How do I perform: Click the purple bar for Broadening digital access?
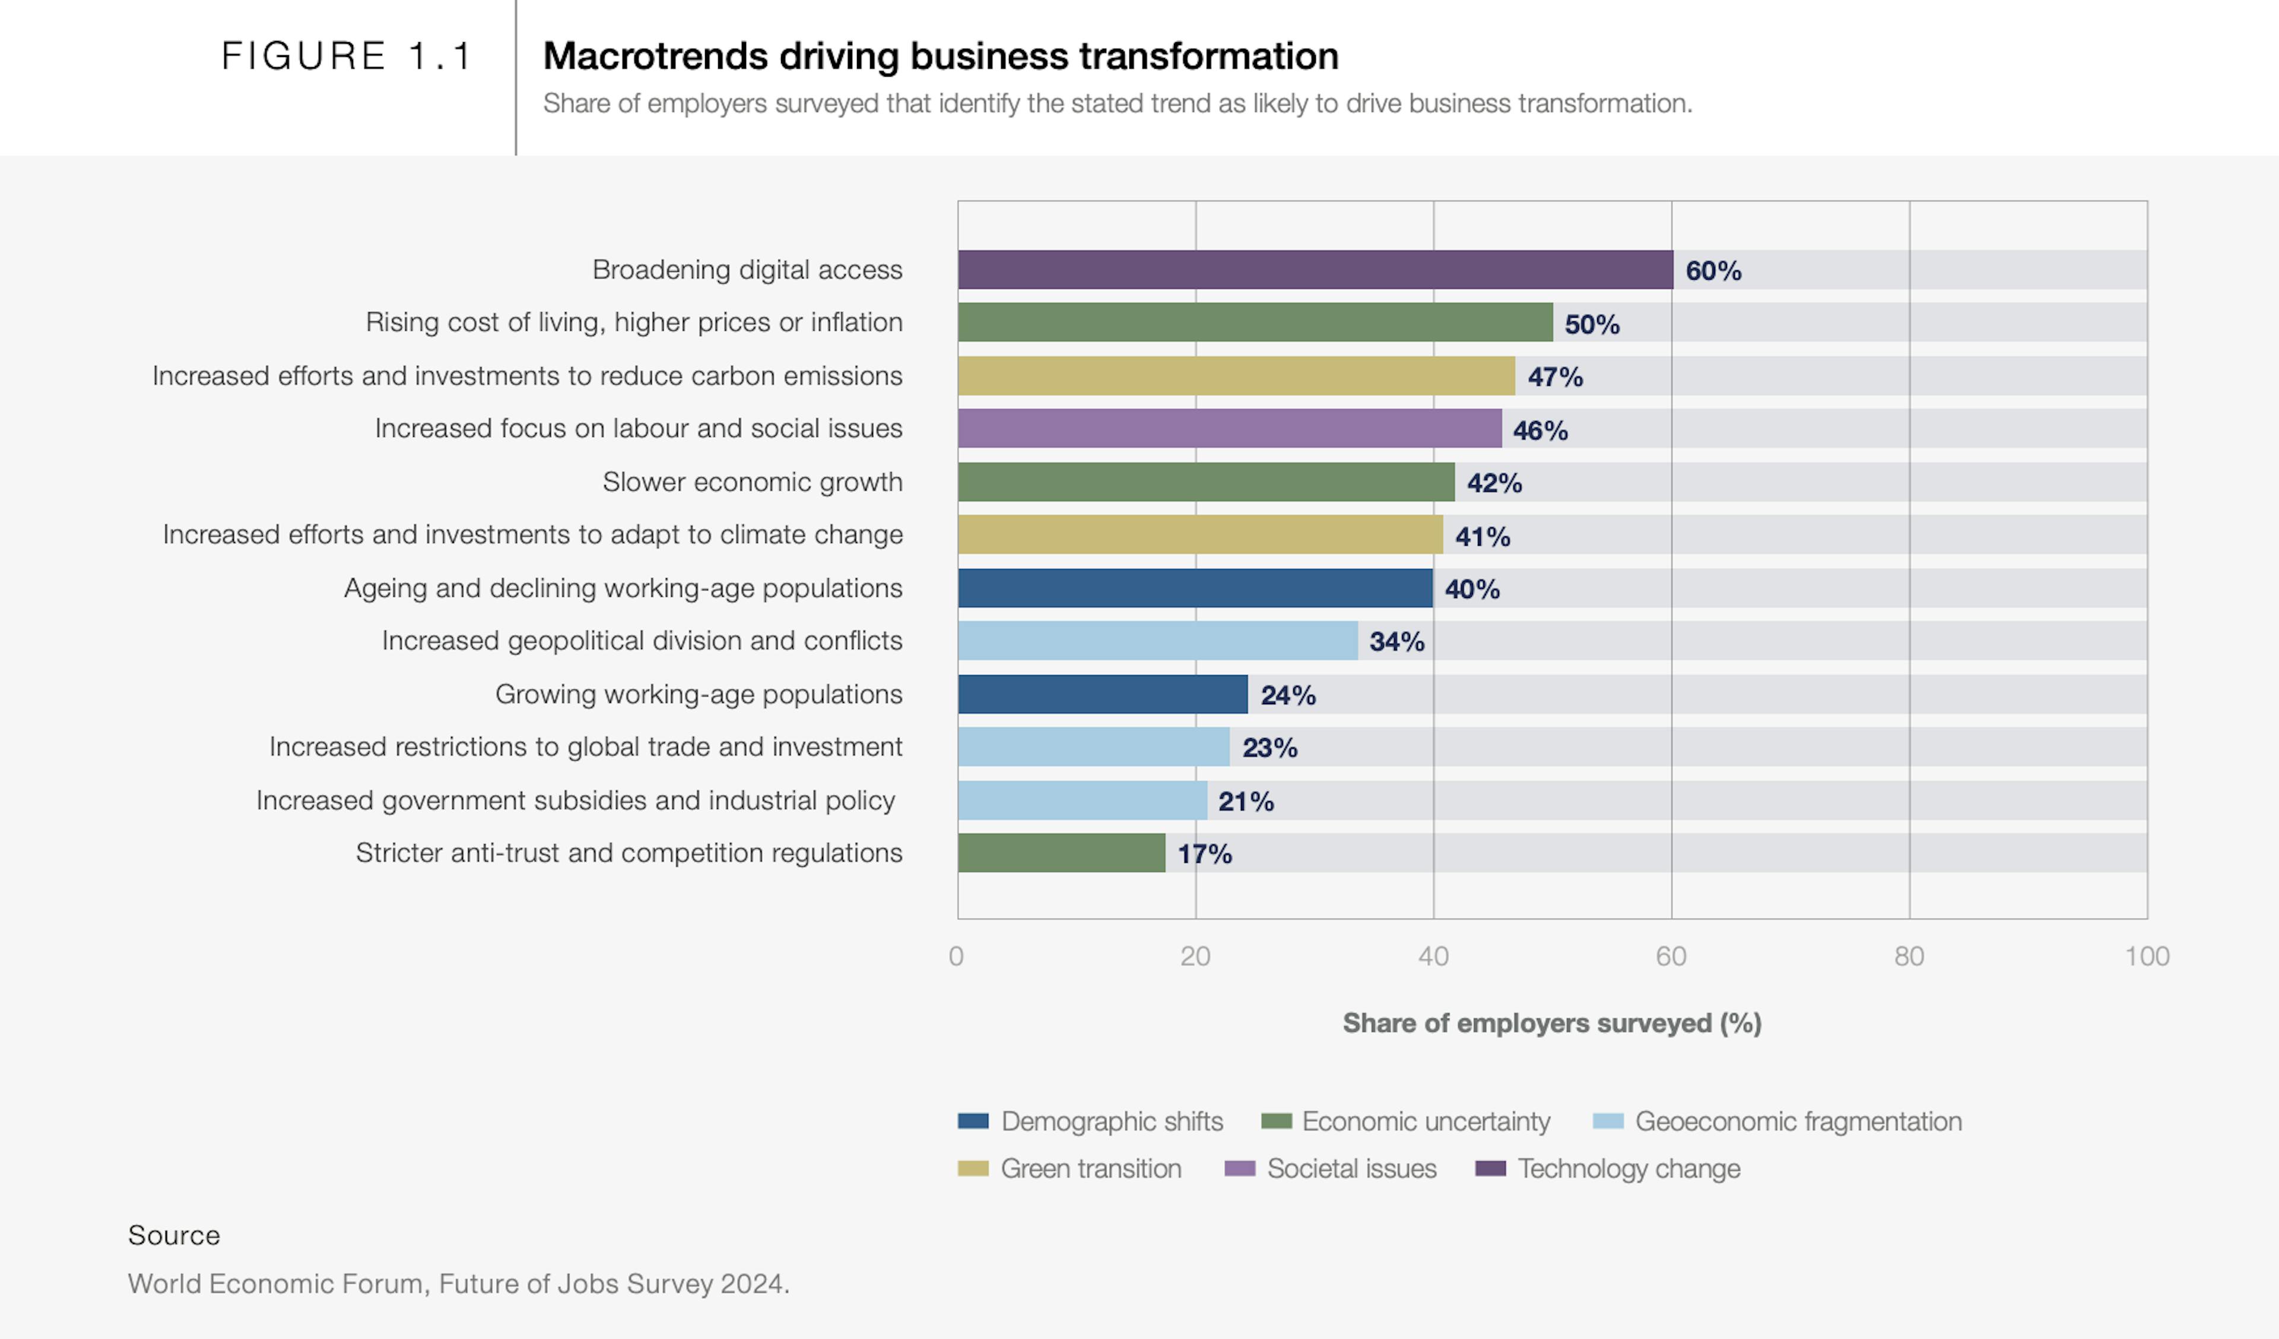[1315, 270]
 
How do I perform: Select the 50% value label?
[1592, 324]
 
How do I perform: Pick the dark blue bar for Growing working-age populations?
[1103, 694]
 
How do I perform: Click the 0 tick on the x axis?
[957, 956]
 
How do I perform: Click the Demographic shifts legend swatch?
[973, 1121]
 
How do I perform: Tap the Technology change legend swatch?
[1490, 1168]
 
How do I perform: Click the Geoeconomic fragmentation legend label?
[1797, 1121]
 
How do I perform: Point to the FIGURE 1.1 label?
[347, 56]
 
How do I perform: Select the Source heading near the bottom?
[174, 1235]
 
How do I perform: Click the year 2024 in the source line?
[753, 1283]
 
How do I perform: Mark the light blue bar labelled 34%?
[1157, 641]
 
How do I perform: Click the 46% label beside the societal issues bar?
[1540, 430]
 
